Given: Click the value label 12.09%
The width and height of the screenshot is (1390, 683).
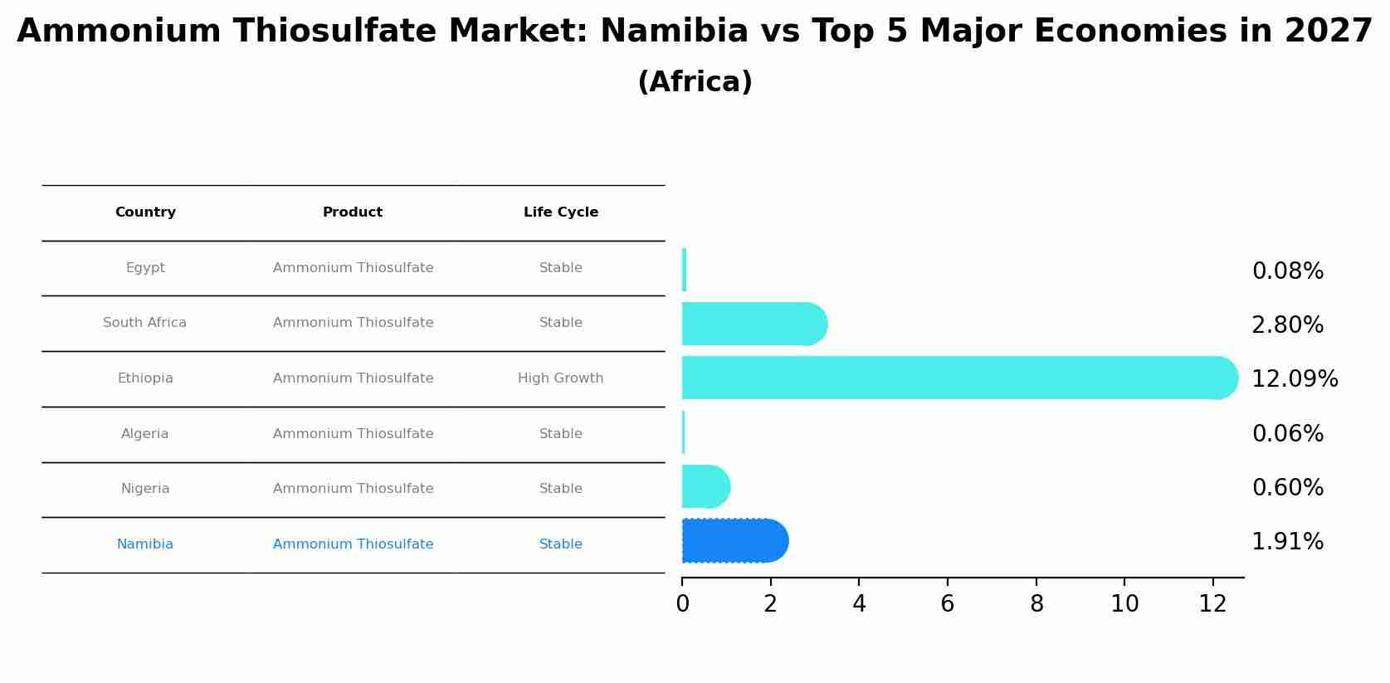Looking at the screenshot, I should [1294, 379].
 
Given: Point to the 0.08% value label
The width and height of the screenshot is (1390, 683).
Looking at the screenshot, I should [1287, 271].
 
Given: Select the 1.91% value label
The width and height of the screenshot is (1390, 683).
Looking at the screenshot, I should [1287, 542].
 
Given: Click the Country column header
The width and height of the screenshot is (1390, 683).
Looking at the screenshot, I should [145, 212].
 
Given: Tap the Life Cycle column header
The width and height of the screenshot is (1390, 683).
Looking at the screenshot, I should [560, 212].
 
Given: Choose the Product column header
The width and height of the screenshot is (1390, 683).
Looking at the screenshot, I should [353, 212].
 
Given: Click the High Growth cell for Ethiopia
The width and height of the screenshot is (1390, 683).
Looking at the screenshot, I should [560, 378].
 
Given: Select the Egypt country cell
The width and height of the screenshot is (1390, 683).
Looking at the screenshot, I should [145, 268].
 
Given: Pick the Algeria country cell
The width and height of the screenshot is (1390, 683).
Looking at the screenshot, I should [145, 434].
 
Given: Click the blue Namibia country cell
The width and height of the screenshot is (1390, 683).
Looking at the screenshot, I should [145, 544].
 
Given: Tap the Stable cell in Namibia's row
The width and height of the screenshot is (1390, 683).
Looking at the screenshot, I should [560, 544].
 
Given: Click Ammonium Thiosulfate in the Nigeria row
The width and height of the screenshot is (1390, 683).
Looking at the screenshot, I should [353, 489].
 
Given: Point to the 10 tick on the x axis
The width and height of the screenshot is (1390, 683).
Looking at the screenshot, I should [1124, 604].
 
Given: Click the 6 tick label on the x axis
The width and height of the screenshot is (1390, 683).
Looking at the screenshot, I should [948, 604].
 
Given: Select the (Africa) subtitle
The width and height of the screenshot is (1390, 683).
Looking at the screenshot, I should [695, 82].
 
